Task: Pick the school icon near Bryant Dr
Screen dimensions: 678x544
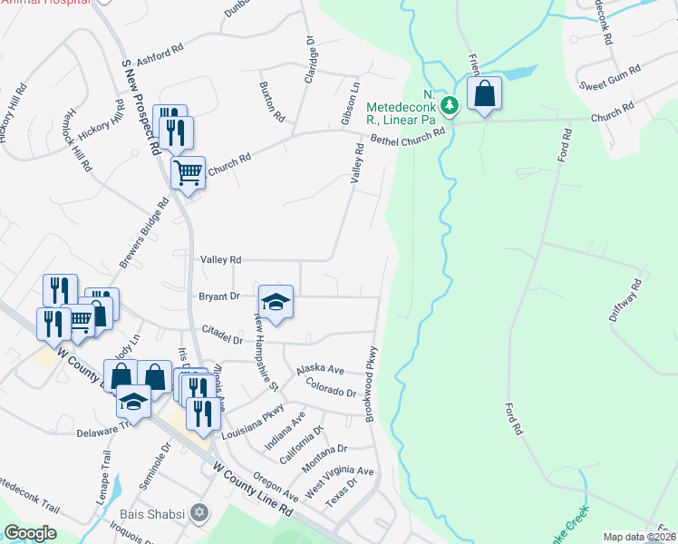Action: [276, 302]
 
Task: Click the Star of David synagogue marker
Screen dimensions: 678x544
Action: [199, 513]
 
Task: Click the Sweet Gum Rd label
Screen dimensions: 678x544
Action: [611, 79]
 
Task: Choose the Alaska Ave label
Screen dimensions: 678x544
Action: [321, 370]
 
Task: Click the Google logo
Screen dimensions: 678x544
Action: [30, 533]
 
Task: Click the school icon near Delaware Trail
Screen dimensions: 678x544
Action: [134, 401]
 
